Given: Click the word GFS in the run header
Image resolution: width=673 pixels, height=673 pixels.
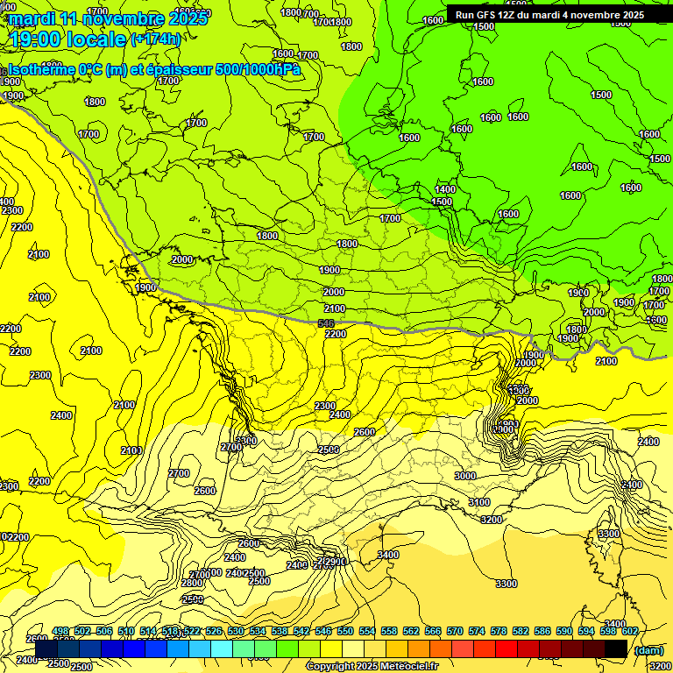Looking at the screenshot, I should click(x=492, y=15).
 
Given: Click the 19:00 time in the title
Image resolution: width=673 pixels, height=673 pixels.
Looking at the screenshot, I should click(x=32, y=39).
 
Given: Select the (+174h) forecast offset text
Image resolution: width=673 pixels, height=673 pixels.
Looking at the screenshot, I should click(x=156, y=39).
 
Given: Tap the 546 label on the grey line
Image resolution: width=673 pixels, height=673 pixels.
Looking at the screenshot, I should click(x=326, y=324).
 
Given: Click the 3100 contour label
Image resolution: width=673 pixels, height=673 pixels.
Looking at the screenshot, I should click(x=478, y=502).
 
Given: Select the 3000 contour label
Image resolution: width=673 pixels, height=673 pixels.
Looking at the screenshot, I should click(x=465, y=476).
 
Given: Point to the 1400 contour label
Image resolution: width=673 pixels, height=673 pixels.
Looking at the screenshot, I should click(x=445, y=189).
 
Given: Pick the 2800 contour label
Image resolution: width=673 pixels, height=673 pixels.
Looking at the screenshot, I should click(x=192, y=583).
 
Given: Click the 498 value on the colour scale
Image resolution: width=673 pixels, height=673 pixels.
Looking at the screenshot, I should click(x=60, y=631).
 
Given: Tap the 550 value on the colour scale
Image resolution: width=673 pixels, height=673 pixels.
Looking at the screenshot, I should click(x=344, y=631).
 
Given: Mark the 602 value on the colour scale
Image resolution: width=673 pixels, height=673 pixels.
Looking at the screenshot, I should click(x=628, y=631).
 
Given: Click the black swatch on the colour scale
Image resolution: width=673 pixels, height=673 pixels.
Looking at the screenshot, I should click(x=616, y=648).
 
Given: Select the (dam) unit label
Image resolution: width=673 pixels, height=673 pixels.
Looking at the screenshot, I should click(x=648, y=649).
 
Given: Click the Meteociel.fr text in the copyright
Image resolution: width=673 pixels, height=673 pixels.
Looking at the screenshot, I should click(x=404, y=667).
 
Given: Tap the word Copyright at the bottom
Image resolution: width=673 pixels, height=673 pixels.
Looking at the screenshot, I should click(x=333, y=667).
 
